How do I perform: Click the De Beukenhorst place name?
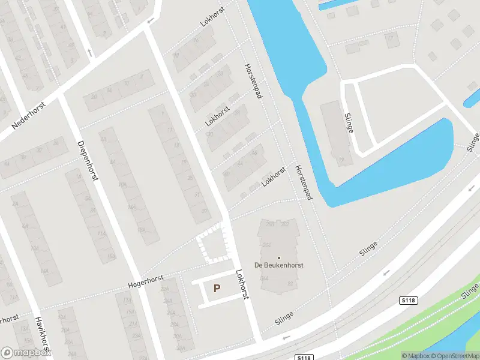pyautogui.click(x=278, y=265)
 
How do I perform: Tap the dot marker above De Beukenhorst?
pyautogui.click(x=278, y=257)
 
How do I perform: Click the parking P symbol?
pyautogui.click(x=217, y=289)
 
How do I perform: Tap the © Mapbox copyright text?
pyautogui.click(x=415, y=356)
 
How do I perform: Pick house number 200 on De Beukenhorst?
pyautogui.click(x=269, y=224)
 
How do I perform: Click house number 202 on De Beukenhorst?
pyautogui.click(x=285, y=224)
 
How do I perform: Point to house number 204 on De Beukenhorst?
pyautogui.click(x=266, y=245)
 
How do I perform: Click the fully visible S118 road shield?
pyautogui.click(x=409, y=300)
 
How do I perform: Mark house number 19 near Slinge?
pyautogui.click(x=341, y=160)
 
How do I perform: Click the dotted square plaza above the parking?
pyautogui.click(x=214, y=245)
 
